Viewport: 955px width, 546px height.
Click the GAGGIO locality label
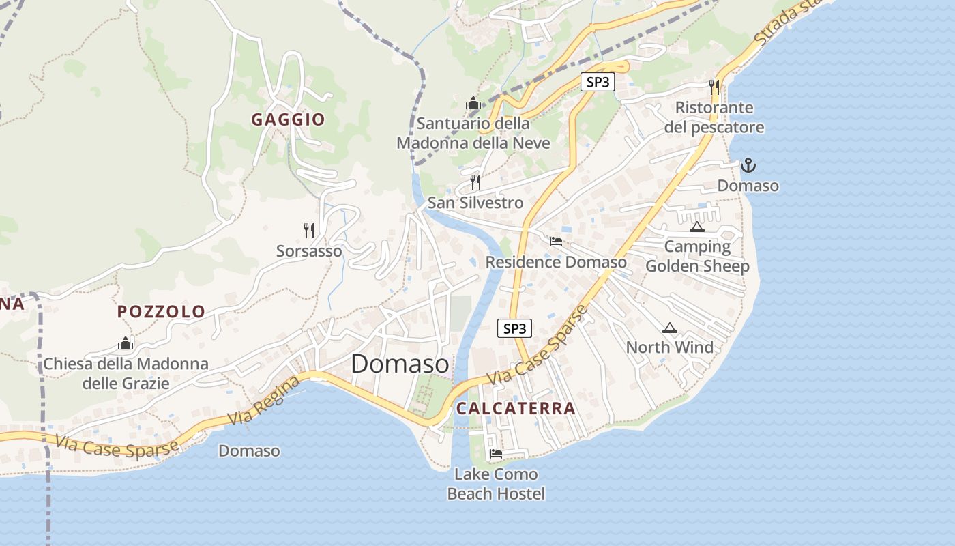[x=288, y=119]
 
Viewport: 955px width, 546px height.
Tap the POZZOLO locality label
[x=161, y=312]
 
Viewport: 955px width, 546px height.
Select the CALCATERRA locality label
[x=516, y=409]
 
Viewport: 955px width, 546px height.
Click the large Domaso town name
[x=400, y=364]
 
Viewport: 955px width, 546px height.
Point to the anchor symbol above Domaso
[x=748, y=165]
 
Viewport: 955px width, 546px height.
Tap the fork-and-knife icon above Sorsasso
[x=309, y=230]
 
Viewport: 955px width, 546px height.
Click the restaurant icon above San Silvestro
[x=475, y=182]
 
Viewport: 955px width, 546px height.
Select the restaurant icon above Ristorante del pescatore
[x=714, y=87]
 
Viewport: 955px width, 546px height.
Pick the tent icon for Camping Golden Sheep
[x=696, y=227]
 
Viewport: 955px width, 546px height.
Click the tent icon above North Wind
[x=669, y=328]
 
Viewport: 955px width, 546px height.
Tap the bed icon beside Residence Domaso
[x=556, y=241]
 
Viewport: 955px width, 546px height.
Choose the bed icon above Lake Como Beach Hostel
[x=496, y=453]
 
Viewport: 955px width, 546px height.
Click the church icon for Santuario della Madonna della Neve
[x=473, y=104]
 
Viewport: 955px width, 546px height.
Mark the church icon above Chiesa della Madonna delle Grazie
[x=126, y=343]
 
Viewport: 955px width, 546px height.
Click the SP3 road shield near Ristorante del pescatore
[x=598, y=83]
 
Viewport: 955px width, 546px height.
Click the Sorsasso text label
[x=309, y=251]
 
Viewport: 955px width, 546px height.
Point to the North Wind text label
[x=670, y=347]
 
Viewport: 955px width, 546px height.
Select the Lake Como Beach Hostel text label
[x=496, y=484]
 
